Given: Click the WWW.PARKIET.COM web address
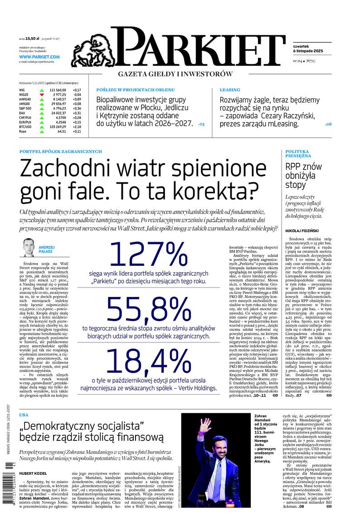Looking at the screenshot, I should click(39, 57).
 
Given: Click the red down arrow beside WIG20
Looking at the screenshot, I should click(41, 95).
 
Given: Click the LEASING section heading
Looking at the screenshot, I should click(229, 90).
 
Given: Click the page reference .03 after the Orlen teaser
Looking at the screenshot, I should click(201, 124).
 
